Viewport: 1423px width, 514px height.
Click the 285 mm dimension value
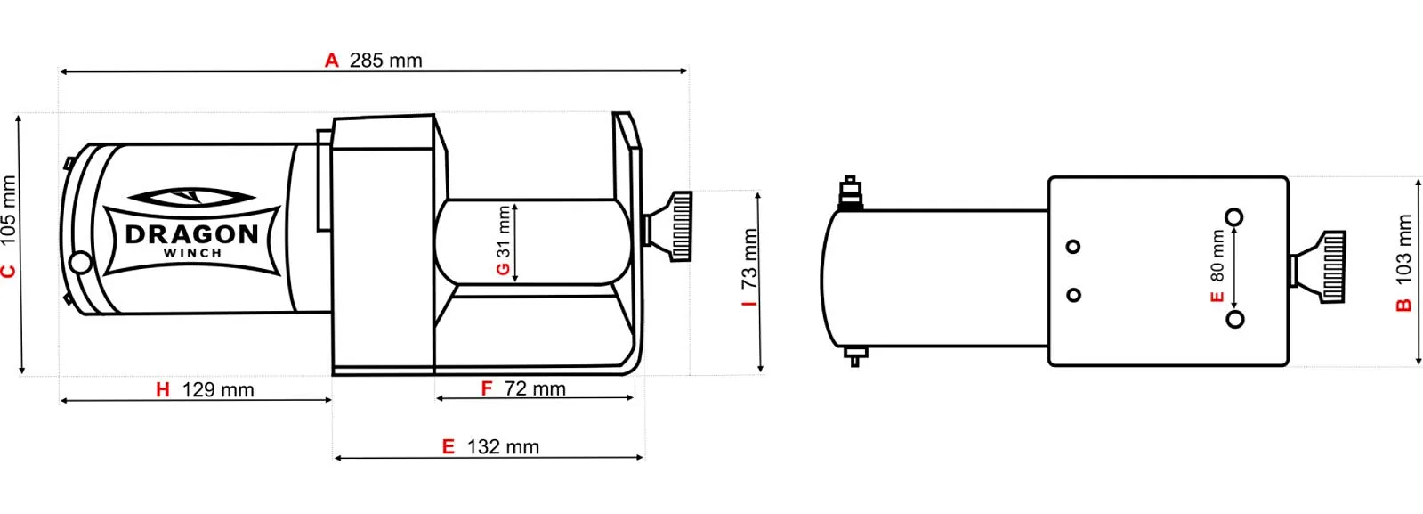(x=385, y=61)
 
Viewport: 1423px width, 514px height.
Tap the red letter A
(x=332, y=61)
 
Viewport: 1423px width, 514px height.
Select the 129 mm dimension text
(x=218, y=390)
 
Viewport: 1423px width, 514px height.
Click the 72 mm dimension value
(x=535, y=389)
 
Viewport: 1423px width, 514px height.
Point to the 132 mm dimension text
(x=503, y=447)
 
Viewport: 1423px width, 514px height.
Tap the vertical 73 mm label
(x=750, y=259)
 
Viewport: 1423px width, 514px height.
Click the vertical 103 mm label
(x=1404, y=249)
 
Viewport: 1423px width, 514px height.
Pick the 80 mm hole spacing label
(x=1218, y=257)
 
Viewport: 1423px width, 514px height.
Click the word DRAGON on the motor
(x=192, y=234)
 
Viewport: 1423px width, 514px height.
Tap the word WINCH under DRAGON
(x=192, y=253)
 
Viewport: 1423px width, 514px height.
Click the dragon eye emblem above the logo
(x=191, y=196)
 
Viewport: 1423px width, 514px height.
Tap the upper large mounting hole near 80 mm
(x=1234, y=217)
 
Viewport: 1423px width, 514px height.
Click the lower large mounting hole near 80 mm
(x=1234, y=319)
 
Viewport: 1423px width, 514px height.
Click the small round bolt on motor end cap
(x=80, y=262)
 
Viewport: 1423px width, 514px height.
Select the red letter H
(x=163, y=390)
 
